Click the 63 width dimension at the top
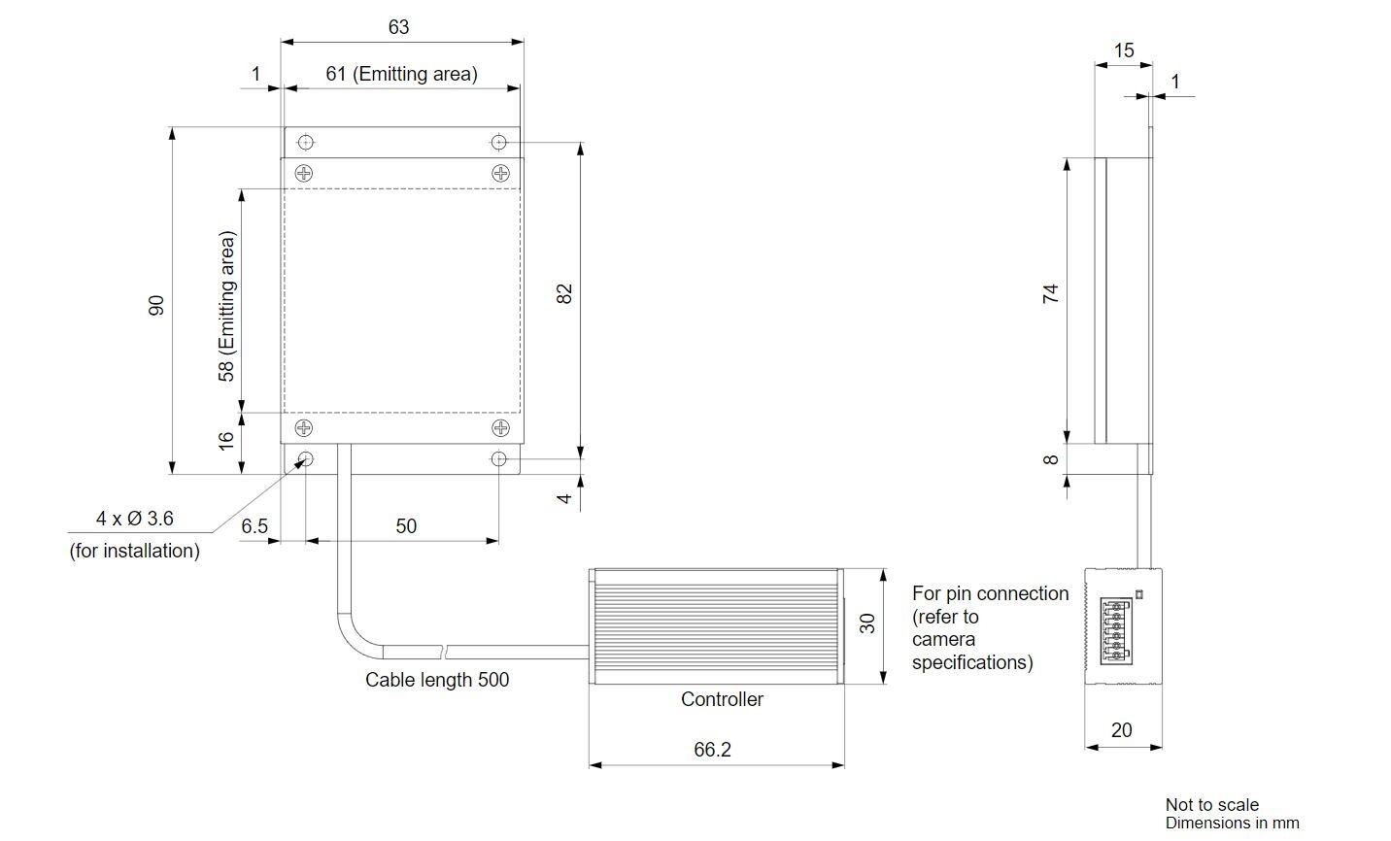398,26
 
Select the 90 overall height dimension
155,305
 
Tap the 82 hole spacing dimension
563,293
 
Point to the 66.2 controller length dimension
712,749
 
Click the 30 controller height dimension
866,623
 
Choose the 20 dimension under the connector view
1122,730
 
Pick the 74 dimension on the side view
1050,293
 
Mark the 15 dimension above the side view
1124,50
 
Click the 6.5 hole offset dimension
254,526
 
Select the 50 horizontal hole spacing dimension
406,526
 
